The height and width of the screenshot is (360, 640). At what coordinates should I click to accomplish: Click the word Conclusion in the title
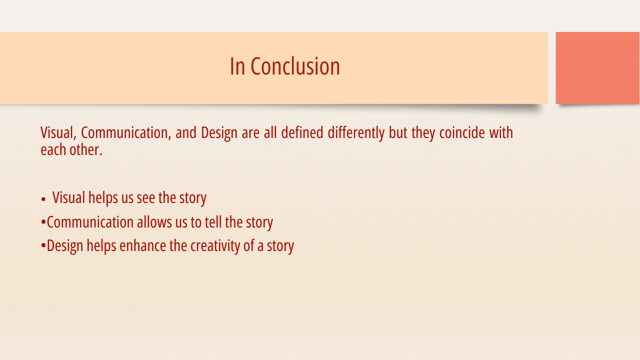click(x=295, y=66)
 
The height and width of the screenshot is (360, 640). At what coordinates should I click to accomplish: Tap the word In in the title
click(x=237, y=66)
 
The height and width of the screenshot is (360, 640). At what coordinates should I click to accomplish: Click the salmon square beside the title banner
click(x=597, y=68)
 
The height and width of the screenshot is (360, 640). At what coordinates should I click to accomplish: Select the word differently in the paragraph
click(x=356, y=133)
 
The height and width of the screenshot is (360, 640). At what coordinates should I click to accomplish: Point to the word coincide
click(x=462, y=132)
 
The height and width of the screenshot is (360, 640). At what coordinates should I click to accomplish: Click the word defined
click(x=302, y=132)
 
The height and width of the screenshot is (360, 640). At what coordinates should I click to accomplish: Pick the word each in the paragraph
click(x=53, y=149)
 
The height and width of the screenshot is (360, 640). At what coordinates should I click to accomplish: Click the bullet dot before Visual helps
click(x=43, y=199)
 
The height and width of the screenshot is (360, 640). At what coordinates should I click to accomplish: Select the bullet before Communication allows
click(x=43, y=221)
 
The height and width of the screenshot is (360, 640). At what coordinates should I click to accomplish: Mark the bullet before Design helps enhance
click(x=43, y=245)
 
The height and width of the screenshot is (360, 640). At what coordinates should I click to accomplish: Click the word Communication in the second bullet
click(x=90, y=222)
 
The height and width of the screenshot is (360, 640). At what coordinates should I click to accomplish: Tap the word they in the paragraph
click(x=423, y=133)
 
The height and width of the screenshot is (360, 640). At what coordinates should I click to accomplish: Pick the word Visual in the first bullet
click(x=68, y=197)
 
